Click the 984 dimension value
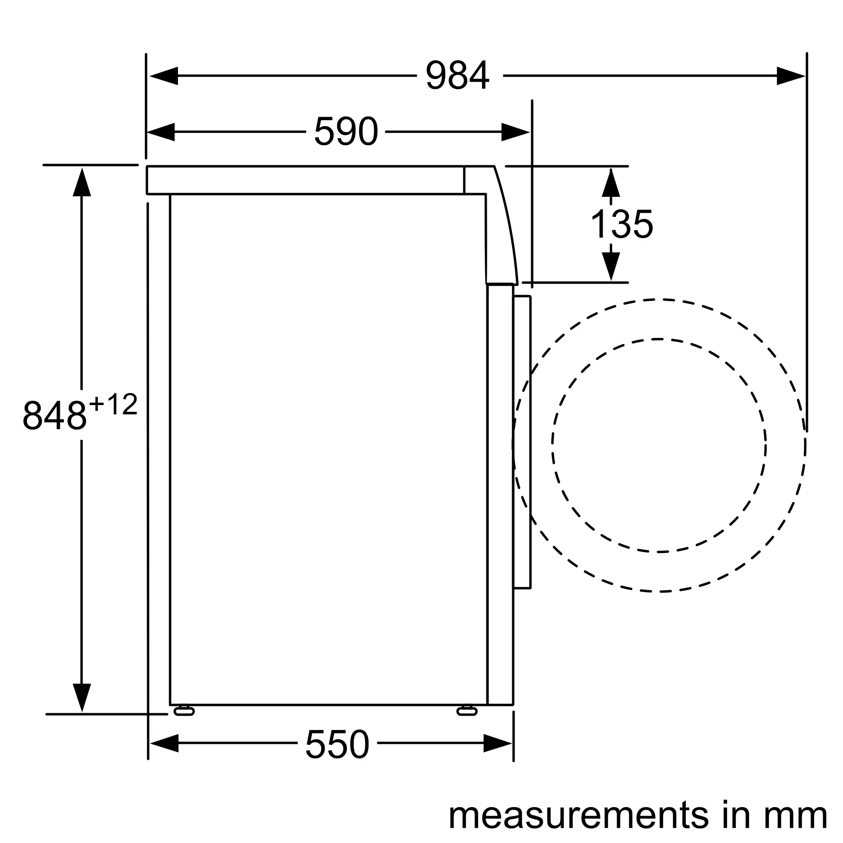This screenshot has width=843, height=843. [458, 75]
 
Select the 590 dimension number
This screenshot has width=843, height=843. [346, 132]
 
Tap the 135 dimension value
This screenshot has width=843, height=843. [621, 223]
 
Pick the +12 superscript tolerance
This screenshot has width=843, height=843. [113, 405]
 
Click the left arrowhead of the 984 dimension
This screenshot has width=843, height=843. [164, 76]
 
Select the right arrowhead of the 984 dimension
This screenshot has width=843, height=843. [791, 76]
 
